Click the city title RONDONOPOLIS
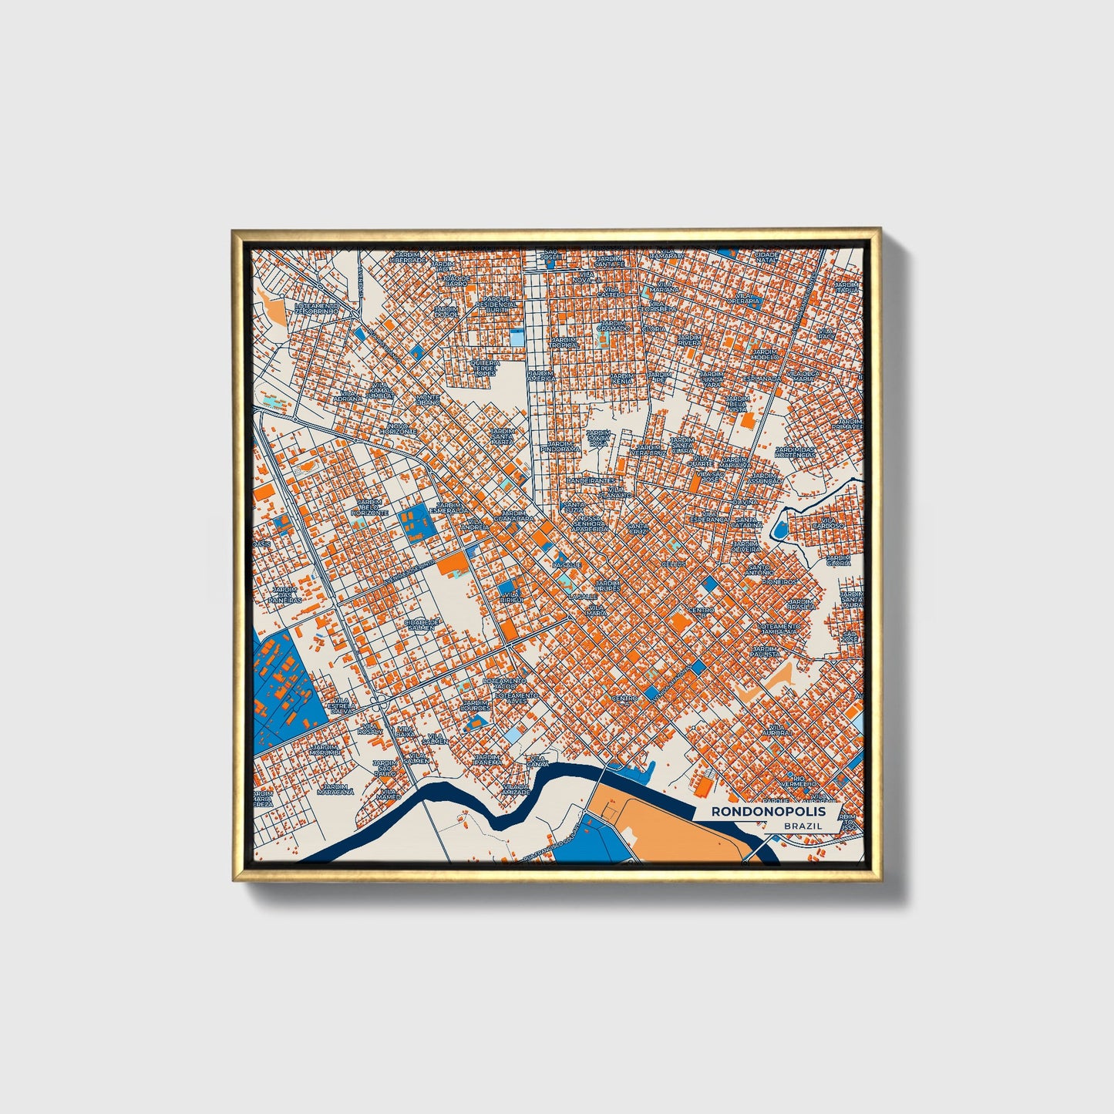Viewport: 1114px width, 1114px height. click(x=768, y=812)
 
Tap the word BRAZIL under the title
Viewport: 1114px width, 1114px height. click(x=802, y=826)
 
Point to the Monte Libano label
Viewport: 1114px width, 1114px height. click(x=428, y=399)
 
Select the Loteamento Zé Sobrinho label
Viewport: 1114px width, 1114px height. click(x=317, y=308)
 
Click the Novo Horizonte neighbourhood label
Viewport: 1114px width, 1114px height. click(x=402, y=429)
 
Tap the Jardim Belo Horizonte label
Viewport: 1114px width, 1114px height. click(x=369, y=507)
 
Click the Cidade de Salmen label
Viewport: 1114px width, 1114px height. click(x=421, y=624)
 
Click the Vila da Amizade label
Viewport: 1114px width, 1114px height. click(x=516, y=789)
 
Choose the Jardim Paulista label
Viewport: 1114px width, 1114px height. click(x=766, y=652)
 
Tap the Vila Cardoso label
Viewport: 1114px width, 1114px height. click(x=833, y=524)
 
